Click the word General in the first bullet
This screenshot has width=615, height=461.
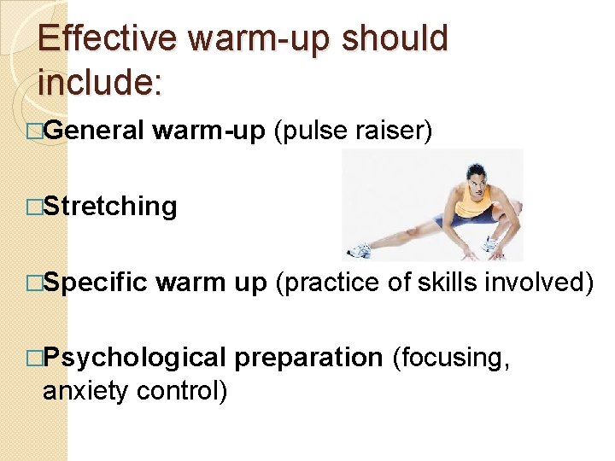94,131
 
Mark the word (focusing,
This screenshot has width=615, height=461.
450,358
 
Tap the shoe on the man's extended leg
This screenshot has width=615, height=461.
359,251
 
